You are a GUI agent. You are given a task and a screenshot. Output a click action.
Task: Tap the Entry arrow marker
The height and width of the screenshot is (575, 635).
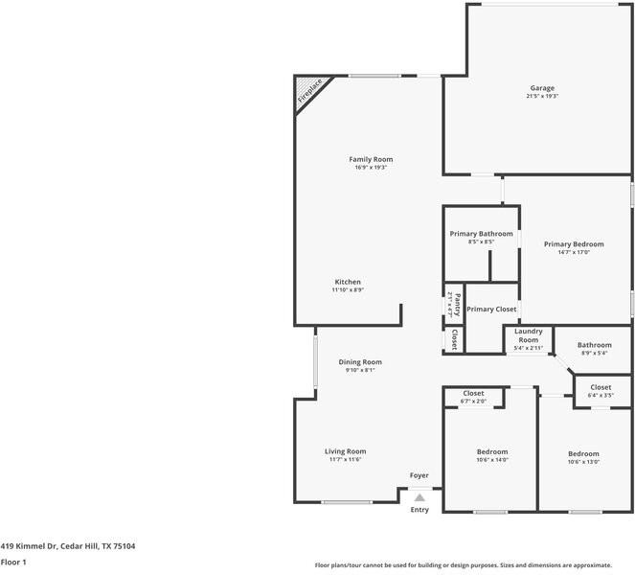(420, 497)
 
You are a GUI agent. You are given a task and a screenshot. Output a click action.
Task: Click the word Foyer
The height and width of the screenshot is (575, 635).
(420, 475)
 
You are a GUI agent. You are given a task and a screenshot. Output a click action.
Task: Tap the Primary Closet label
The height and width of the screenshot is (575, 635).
(491, 310)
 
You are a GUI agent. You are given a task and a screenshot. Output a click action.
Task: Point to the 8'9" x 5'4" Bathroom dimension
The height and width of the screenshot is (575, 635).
(595, 353)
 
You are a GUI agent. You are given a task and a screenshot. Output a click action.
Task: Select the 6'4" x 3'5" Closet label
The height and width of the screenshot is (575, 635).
(601, 391)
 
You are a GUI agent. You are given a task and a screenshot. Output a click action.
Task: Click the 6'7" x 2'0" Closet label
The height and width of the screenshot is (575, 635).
(473, 397)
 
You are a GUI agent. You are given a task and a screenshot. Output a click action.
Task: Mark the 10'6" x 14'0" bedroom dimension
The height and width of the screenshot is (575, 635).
(492, 460)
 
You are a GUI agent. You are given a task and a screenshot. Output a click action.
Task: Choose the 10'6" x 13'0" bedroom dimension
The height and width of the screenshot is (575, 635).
(583, 462)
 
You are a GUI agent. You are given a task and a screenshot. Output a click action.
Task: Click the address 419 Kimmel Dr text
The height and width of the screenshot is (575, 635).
(29, 546)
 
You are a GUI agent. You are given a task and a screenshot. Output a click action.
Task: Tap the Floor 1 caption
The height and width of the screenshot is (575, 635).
(13, 562)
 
